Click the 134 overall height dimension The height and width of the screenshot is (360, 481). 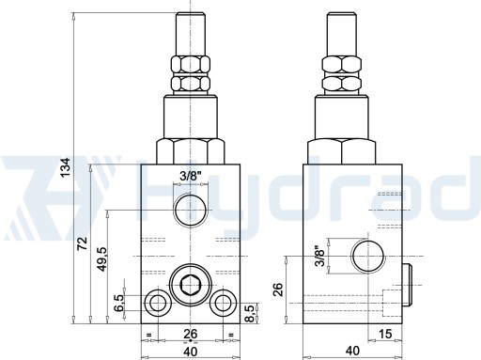[66, 167]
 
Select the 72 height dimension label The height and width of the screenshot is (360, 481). [82, 243]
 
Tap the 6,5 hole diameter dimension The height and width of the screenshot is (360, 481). [119, 303]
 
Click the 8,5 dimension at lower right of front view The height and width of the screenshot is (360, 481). [250, 313]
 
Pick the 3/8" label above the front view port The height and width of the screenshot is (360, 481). [190, 177]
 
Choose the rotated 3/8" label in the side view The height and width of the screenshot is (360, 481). [319, 256]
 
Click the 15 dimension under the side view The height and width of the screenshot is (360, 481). [385, 334]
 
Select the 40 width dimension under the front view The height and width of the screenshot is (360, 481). [191, 352]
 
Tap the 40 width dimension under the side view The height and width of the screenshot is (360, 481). [352, 351]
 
